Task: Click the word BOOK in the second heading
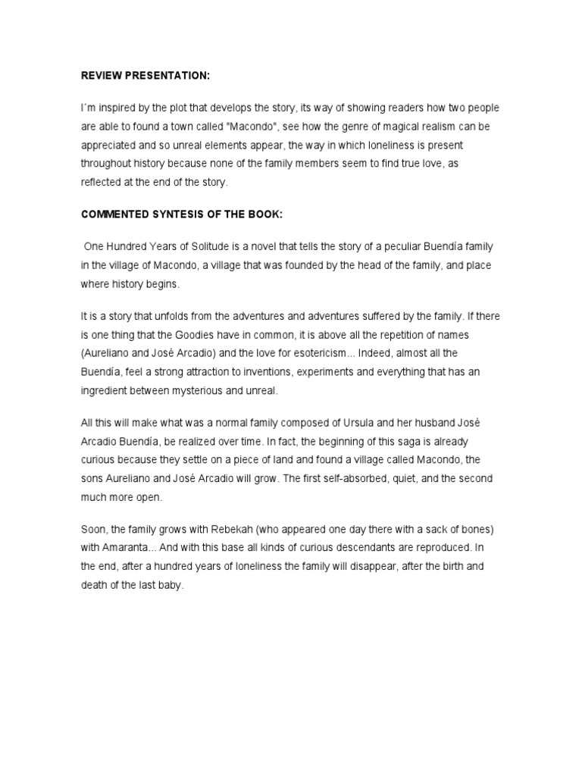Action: point(264,214)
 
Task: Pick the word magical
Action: point(397,126)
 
